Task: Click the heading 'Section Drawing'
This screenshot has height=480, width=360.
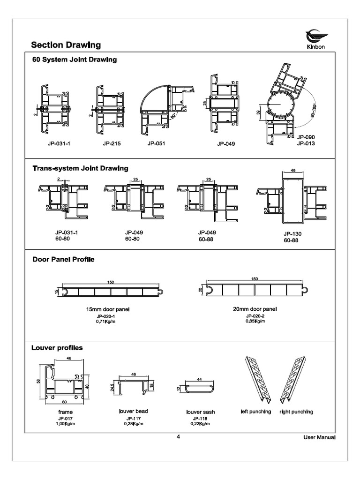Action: coord(66,45)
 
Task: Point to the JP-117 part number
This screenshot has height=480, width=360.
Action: coord(134,418)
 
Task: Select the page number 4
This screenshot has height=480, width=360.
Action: coord(178,437)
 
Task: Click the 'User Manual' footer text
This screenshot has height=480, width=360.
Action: coord(319,438)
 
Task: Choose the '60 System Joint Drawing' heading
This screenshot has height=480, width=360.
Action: coord(74,60)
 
